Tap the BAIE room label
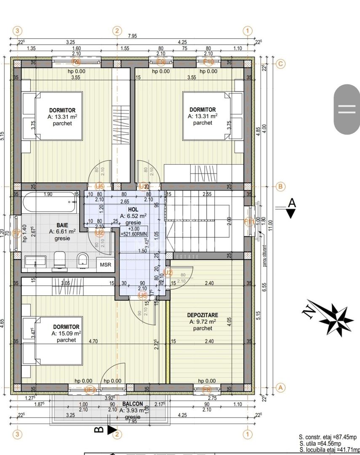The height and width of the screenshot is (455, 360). pos(62,225)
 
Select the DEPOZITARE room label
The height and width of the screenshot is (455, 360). pos(203,315)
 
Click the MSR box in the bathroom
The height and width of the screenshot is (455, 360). pos(105,265)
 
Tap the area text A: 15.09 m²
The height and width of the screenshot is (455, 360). pos(66,333)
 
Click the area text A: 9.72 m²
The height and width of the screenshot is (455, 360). pos(203,321)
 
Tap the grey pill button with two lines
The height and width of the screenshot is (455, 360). pos(347,109)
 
